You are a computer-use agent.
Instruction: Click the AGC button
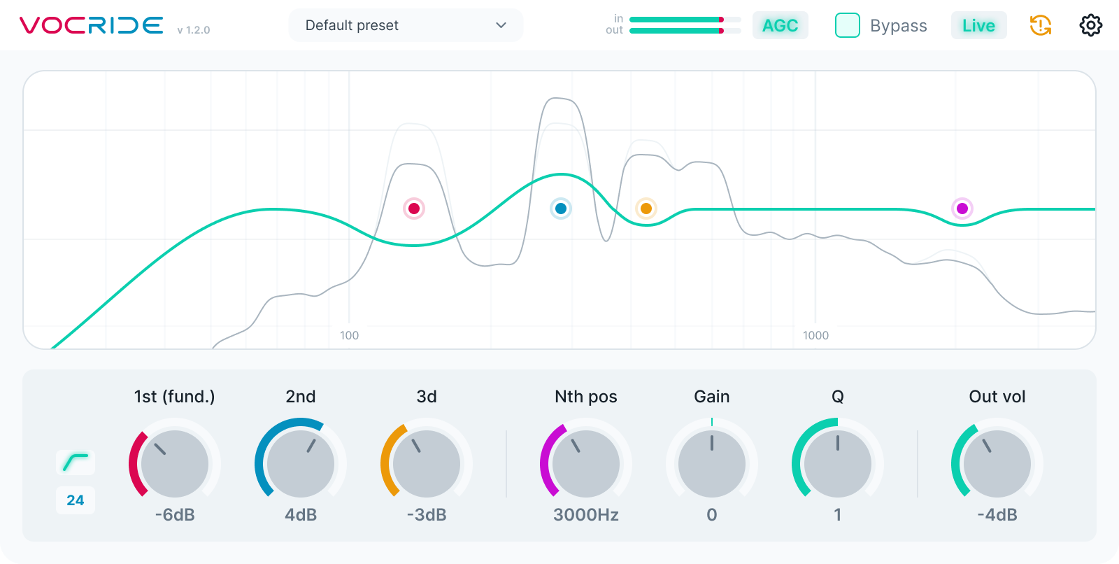[x=780, y=25]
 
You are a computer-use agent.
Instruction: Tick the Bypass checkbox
[x=847, y=25]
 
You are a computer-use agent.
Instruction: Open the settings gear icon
[x=1090, y=25]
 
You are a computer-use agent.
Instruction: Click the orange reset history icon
[x=1041, y=25]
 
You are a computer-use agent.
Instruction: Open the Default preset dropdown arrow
[x=501, y=25]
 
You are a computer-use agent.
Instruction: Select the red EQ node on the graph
[x=414, y=209]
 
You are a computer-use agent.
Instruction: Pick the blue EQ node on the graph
[x=561, y=209]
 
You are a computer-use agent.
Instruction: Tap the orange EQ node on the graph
[x=646, y=209]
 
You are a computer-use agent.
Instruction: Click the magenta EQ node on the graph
[x=962, y=209]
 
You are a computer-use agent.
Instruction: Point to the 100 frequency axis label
[x=349, y=335]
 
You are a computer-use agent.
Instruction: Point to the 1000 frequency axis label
[x=815, y=335]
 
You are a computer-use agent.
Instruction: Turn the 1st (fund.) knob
[x=175, y=463]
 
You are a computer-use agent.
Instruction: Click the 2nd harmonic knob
[x=301, y=463]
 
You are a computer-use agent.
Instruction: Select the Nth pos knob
[x=586, y=463]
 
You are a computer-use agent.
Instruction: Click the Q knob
[x=838, y=463]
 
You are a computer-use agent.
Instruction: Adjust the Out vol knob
[x=997, y=463]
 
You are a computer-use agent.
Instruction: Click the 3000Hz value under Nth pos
[x=586, y=514]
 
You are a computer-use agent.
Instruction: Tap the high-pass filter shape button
[x=76, y=463]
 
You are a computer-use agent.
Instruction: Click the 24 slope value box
[x=76, y=500]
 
